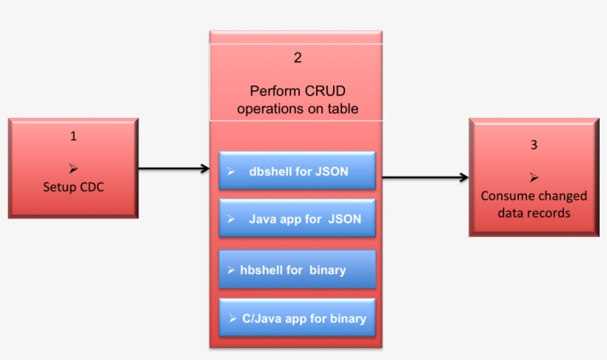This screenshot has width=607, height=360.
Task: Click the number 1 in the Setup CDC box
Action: [x=73, y=136]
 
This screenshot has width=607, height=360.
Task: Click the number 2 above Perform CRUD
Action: [x=298, y=58]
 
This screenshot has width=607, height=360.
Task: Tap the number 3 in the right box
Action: [x=534, y=145]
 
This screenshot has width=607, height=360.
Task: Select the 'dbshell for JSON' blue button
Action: [x=298, y=171]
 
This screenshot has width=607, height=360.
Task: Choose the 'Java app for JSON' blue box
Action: [x=298, y=219]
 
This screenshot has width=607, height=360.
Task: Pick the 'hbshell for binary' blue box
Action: [x=298, y=270]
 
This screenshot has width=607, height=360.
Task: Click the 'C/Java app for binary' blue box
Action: [x=298, y=319]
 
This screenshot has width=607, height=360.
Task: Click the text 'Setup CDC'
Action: [x=73, y=187]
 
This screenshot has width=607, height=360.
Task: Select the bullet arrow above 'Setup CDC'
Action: [x=73, y=169]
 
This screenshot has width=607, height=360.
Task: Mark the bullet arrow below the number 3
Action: [x=534, y=179]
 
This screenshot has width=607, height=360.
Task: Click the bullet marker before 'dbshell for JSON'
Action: [x=231, y=171]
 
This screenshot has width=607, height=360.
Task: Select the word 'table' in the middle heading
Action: [x=343, y=109]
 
